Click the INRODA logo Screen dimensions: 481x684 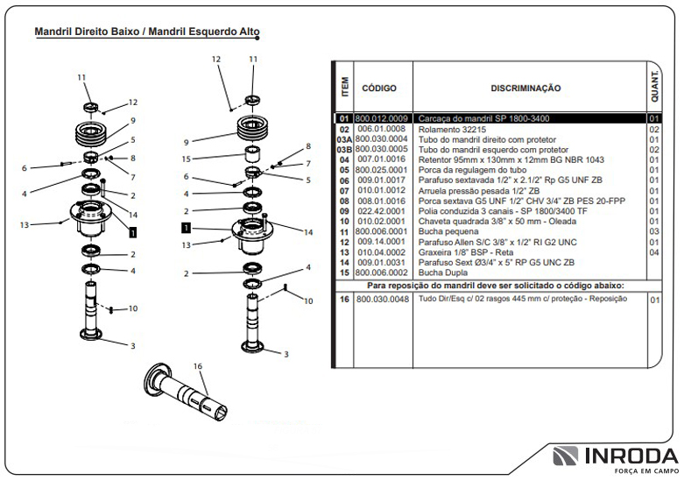tap(614, 457)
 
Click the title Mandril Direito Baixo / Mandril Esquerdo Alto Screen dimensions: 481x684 tap(146, 32)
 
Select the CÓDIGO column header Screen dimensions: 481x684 tap(379, 88)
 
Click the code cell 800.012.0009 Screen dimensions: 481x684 tap(381, 118)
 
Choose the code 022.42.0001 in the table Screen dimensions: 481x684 tap(381, 210)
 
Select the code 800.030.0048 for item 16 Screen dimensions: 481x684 tap(382, 300)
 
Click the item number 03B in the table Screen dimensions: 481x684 tap(344, 150)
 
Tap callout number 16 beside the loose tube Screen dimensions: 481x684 tap(197, 365)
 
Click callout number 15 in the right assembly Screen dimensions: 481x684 tap(186, 159)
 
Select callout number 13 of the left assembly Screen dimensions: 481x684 tap(25, 225)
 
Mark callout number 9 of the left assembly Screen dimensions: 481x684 tap(132, 120)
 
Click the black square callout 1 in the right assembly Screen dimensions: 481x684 tap(186, 227)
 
